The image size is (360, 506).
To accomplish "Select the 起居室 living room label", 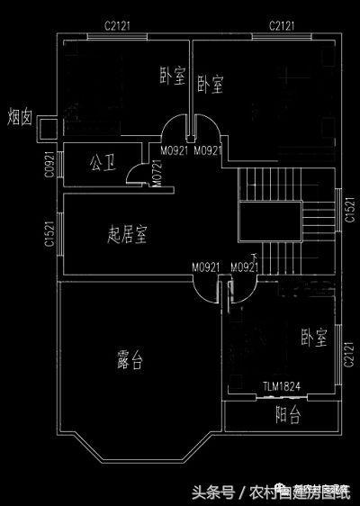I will (127, 235).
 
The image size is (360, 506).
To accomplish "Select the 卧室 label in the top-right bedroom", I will (210, 86).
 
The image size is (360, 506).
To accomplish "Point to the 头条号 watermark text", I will (211, 492).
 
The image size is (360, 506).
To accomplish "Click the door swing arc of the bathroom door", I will (135, 173).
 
